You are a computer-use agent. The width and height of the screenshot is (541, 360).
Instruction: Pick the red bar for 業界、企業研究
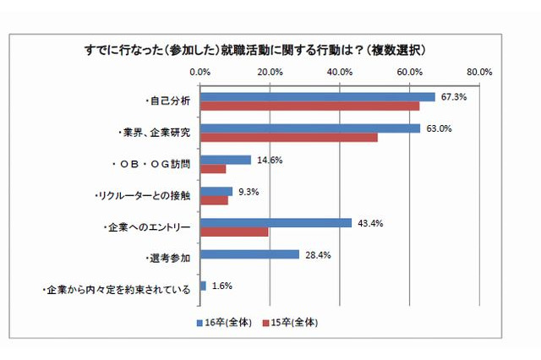288,138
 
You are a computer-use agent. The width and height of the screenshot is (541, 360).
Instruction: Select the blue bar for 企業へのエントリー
276,223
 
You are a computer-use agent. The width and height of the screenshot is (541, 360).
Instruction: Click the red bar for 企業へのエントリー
234,232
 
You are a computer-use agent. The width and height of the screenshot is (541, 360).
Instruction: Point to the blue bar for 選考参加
249,254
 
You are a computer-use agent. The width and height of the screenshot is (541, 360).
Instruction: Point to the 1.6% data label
222,286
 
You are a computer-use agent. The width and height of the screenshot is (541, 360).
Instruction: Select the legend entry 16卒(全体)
226,322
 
